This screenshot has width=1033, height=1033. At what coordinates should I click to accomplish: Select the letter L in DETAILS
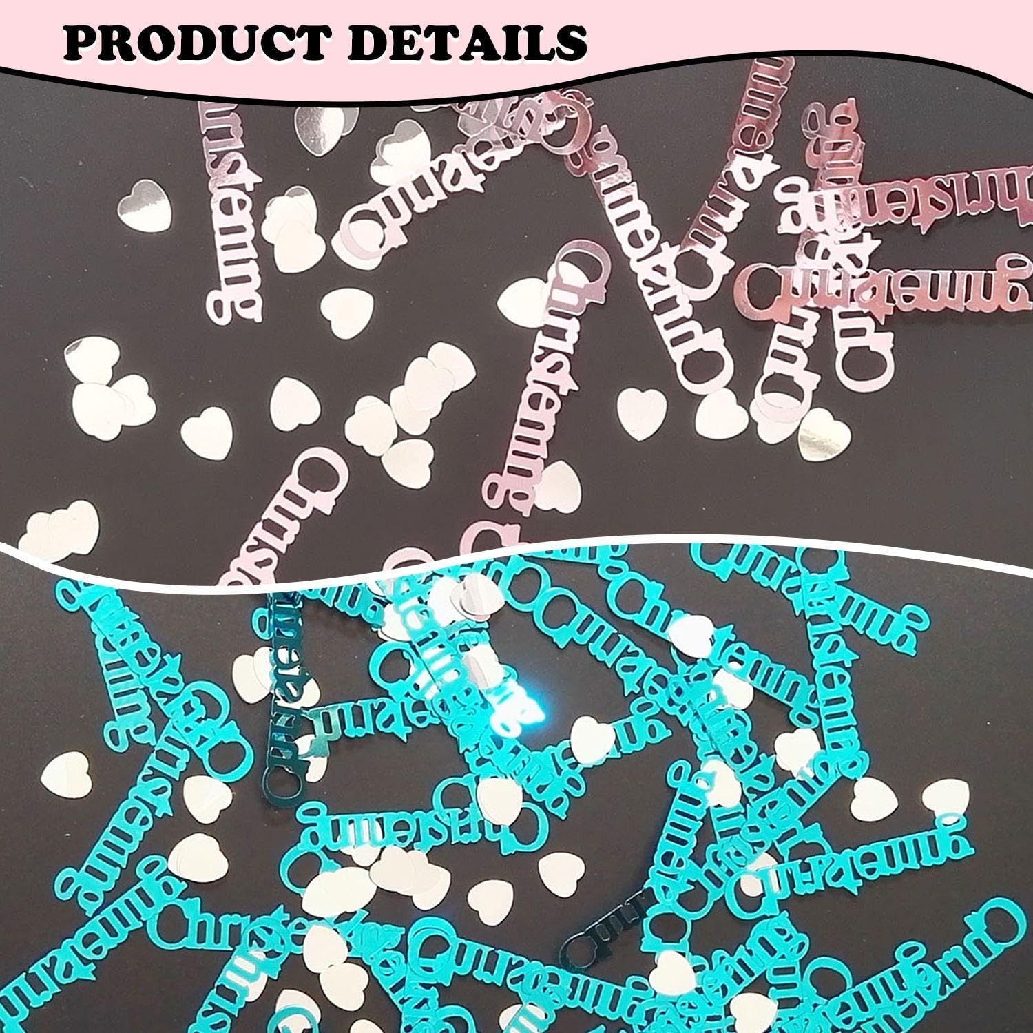click(x=539, y=43)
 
